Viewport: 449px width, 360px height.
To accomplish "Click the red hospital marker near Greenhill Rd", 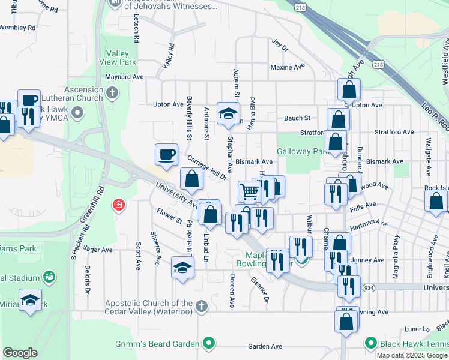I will tap(119, 206).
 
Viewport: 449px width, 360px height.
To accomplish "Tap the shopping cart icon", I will tap(249, 191).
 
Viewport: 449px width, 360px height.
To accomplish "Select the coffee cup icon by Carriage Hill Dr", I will tap(166, 155).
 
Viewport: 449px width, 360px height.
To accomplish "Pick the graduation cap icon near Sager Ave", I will tap(183, 267).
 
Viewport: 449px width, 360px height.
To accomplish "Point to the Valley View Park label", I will tap(122, 58).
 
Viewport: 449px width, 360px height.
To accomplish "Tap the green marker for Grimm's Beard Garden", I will tap(208, 344).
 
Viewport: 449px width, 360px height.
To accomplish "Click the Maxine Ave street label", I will tap(288, 67).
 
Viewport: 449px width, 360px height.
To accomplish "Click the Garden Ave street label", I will tap(265, 346).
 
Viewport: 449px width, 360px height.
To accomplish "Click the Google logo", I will tap(20, 352).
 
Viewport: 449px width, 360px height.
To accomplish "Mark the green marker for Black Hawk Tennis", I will tap(371, 344).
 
